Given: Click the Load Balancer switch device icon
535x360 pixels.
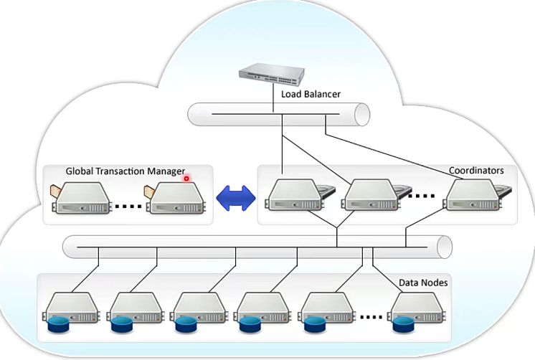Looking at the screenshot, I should pos(273,74).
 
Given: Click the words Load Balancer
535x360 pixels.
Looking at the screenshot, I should pos(311,93).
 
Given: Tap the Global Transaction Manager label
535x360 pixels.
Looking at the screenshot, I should pos(126,171).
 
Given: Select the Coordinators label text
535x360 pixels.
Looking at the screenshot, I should pos(476,171).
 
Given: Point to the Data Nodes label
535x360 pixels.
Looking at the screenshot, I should pos(423,283).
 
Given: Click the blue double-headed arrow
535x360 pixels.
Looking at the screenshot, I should pos(236,196).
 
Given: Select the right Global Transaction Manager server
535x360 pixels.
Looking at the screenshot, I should pos(174,198).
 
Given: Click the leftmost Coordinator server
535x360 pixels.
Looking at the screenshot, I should pos(293,196).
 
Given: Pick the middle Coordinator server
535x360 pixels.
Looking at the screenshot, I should pos(370,196).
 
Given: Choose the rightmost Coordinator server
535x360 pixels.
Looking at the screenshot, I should pos(473,196).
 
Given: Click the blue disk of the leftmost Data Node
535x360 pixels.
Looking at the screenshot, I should pos(58,327).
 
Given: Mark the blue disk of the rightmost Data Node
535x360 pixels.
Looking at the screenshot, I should pos(402,327).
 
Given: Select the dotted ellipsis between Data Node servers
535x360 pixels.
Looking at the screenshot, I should pos(371,316).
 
